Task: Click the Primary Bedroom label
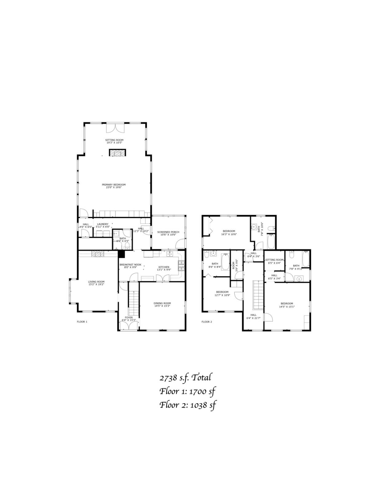click(x=114, y=186)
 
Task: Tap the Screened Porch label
click(x=168, y=233)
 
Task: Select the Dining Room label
click(x=162, y=304)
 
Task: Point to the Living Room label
click(x=96, y=283)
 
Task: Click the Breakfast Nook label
click(x=130, y=266)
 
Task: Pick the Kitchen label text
click(x=164, y=269)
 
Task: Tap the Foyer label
click(x=129, y=319)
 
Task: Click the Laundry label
click(x=103, y=226)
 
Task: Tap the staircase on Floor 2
click(x=258, y=295)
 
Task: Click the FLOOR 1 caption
click(x=82, y=322)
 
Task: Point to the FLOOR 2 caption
click(x=207, y=322)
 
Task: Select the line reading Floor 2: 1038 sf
click(x=188, y=405)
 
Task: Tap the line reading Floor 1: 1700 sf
click(x=187, y=391)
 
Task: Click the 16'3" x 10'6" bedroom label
click(x=229, y=233)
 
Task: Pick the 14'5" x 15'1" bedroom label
click(x=287, y=305)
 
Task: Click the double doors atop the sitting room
click(x=116, y=128)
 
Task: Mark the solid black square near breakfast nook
click(x=121, y=254)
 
